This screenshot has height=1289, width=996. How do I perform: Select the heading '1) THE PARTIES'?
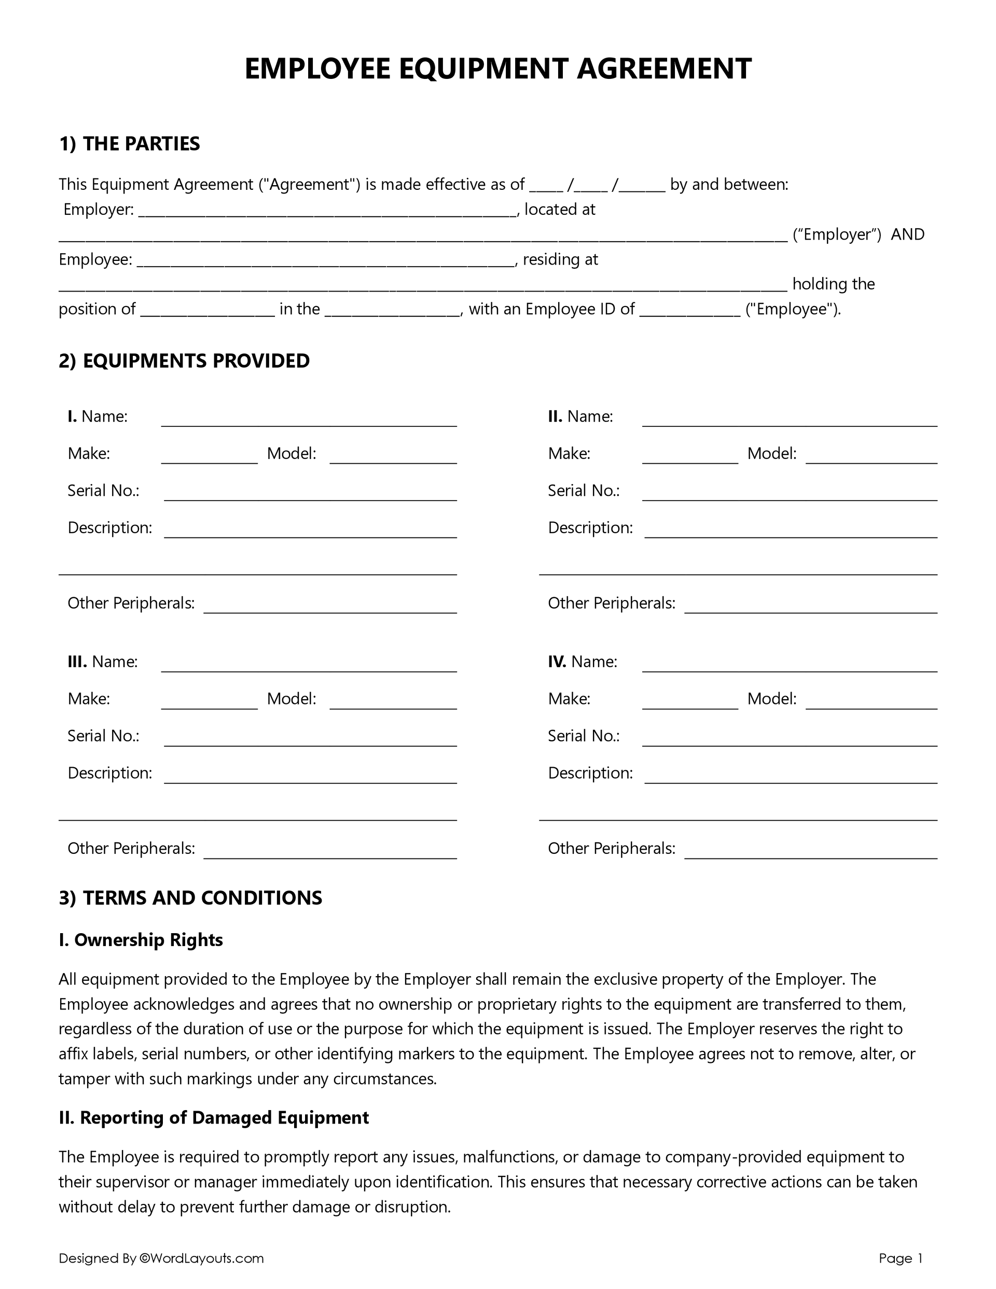click(x=129, y=143)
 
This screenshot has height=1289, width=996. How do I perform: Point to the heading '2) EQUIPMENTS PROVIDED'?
click(x=184, y=361)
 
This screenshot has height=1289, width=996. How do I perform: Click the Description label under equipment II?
click(x=590, y=528)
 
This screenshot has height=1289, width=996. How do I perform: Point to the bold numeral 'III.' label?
click(x=77, y=661)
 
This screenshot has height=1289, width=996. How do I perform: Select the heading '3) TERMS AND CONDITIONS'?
click(x=190, y=898)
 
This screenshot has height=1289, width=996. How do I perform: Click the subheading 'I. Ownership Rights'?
click(x=141, y=940)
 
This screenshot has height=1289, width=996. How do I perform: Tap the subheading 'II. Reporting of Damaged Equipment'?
click(x=214, y=1117)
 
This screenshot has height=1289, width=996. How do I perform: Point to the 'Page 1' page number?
click(x=901, y=1258)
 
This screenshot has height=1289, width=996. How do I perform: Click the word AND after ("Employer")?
click(x=907, y=235)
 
